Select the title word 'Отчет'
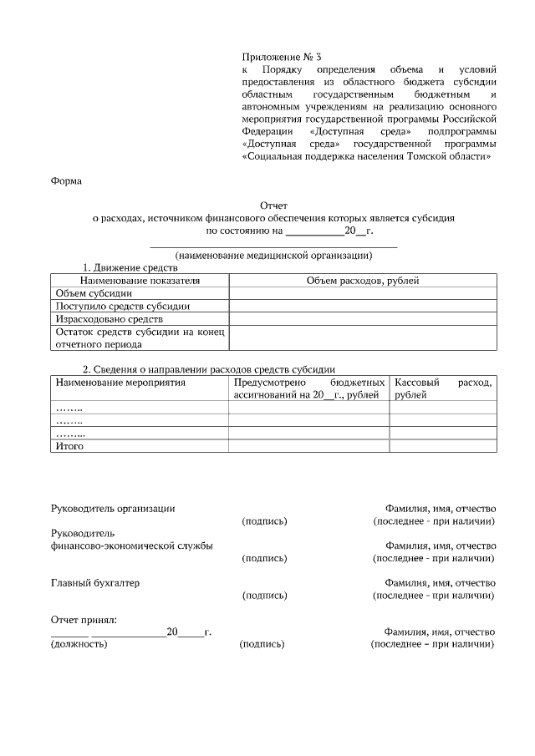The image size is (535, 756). (273, 205)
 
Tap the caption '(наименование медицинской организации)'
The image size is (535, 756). (273, 255)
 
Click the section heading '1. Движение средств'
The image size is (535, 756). (130, 268)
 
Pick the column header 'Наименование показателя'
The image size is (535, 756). (140, 281)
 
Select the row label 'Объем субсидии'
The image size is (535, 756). (94, 293)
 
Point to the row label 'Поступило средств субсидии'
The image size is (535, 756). (122, 306)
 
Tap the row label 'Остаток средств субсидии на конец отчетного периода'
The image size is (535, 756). (140, 337)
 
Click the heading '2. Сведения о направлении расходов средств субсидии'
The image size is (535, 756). (209, 369)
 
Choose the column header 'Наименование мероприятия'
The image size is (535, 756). (120, 382)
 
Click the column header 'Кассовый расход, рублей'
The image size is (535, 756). (443, 388)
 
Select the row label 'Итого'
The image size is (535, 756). (69, 446)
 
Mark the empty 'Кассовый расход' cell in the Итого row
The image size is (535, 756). (443, 446)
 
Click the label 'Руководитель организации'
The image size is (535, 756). (113, 508)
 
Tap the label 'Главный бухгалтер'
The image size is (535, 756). (95, 582)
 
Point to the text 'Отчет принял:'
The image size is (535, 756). (84, 619)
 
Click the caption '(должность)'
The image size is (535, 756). (79, 644)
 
